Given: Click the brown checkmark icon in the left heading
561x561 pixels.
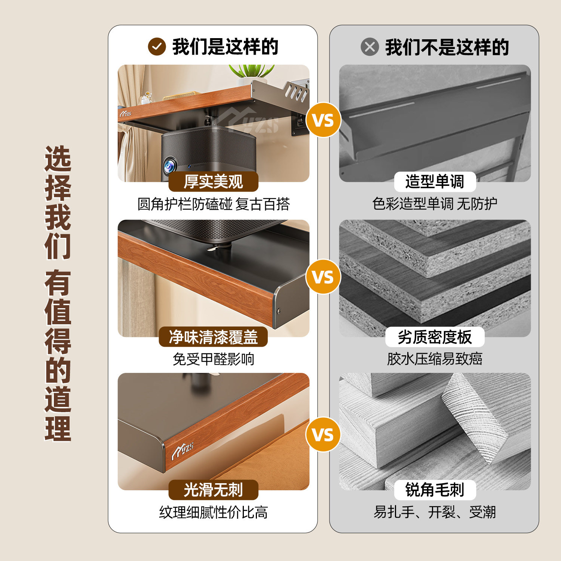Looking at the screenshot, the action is (157, 47).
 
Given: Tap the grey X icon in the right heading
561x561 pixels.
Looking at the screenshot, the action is (370, 47).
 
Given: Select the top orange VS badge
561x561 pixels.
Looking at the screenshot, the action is (323, 120).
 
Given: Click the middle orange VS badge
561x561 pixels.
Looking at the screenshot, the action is (323, 277).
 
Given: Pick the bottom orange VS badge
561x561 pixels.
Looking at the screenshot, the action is (323, 435).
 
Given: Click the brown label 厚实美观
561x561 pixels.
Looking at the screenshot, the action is (213, 182).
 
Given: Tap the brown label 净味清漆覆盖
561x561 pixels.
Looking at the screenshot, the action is (213, 337).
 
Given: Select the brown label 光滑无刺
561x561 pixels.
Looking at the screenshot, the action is (213, 490).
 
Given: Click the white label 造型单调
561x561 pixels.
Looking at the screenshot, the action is (435, 182).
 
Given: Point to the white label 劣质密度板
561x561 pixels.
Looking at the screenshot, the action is (435, 337).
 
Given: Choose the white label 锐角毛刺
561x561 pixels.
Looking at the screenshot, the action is (435, 490).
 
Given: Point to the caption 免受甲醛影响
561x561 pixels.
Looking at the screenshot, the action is (213, 359).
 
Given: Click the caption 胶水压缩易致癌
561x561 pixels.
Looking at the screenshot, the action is (435, 359).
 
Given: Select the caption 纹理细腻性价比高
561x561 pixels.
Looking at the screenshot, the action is (213, 512).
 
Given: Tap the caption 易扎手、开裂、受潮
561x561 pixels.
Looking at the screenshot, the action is (435, 512).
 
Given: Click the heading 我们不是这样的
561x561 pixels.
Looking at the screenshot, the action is (447, 47).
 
